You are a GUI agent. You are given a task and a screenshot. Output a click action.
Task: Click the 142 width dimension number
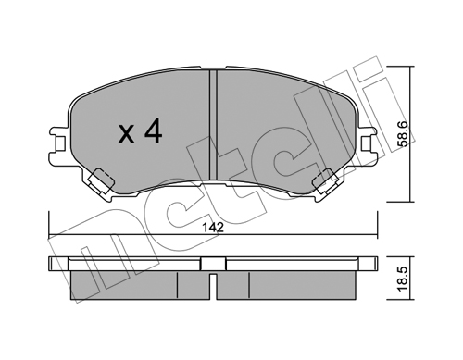213,228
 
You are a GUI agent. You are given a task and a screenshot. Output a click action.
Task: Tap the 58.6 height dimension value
405,133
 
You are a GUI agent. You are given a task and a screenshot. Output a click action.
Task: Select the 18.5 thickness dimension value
405,279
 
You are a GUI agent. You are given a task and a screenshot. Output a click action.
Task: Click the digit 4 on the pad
154,131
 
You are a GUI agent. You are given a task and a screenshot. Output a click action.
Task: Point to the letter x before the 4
126,135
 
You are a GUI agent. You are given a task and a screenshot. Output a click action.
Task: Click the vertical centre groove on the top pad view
213,125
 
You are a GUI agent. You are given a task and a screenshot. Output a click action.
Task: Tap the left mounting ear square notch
61,142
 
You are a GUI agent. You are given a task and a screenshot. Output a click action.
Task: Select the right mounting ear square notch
366,142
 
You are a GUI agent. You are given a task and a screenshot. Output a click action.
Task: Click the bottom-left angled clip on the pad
100,180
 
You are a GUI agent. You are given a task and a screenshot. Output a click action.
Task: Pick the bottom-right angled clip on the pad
326,181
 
